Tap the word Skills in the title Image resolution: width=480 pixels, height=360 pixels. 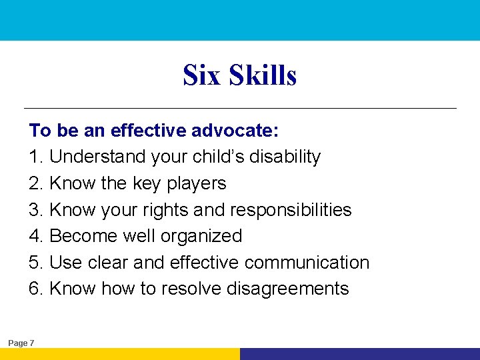263,75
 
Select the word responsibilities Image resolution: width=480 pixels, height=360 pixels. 291,209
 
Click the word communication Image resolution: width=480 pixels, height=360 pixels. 307,263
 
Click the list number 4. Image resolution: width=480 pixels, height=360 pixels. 36,236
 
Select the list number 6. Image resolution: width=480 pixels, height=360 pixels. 36,289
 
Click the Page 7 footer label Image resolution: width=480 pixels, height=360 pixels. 21,343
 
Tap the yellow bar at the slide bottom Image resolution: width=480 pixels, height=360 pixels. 120,354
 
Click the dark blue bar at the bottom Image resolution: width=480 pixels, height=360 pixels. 360,354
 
